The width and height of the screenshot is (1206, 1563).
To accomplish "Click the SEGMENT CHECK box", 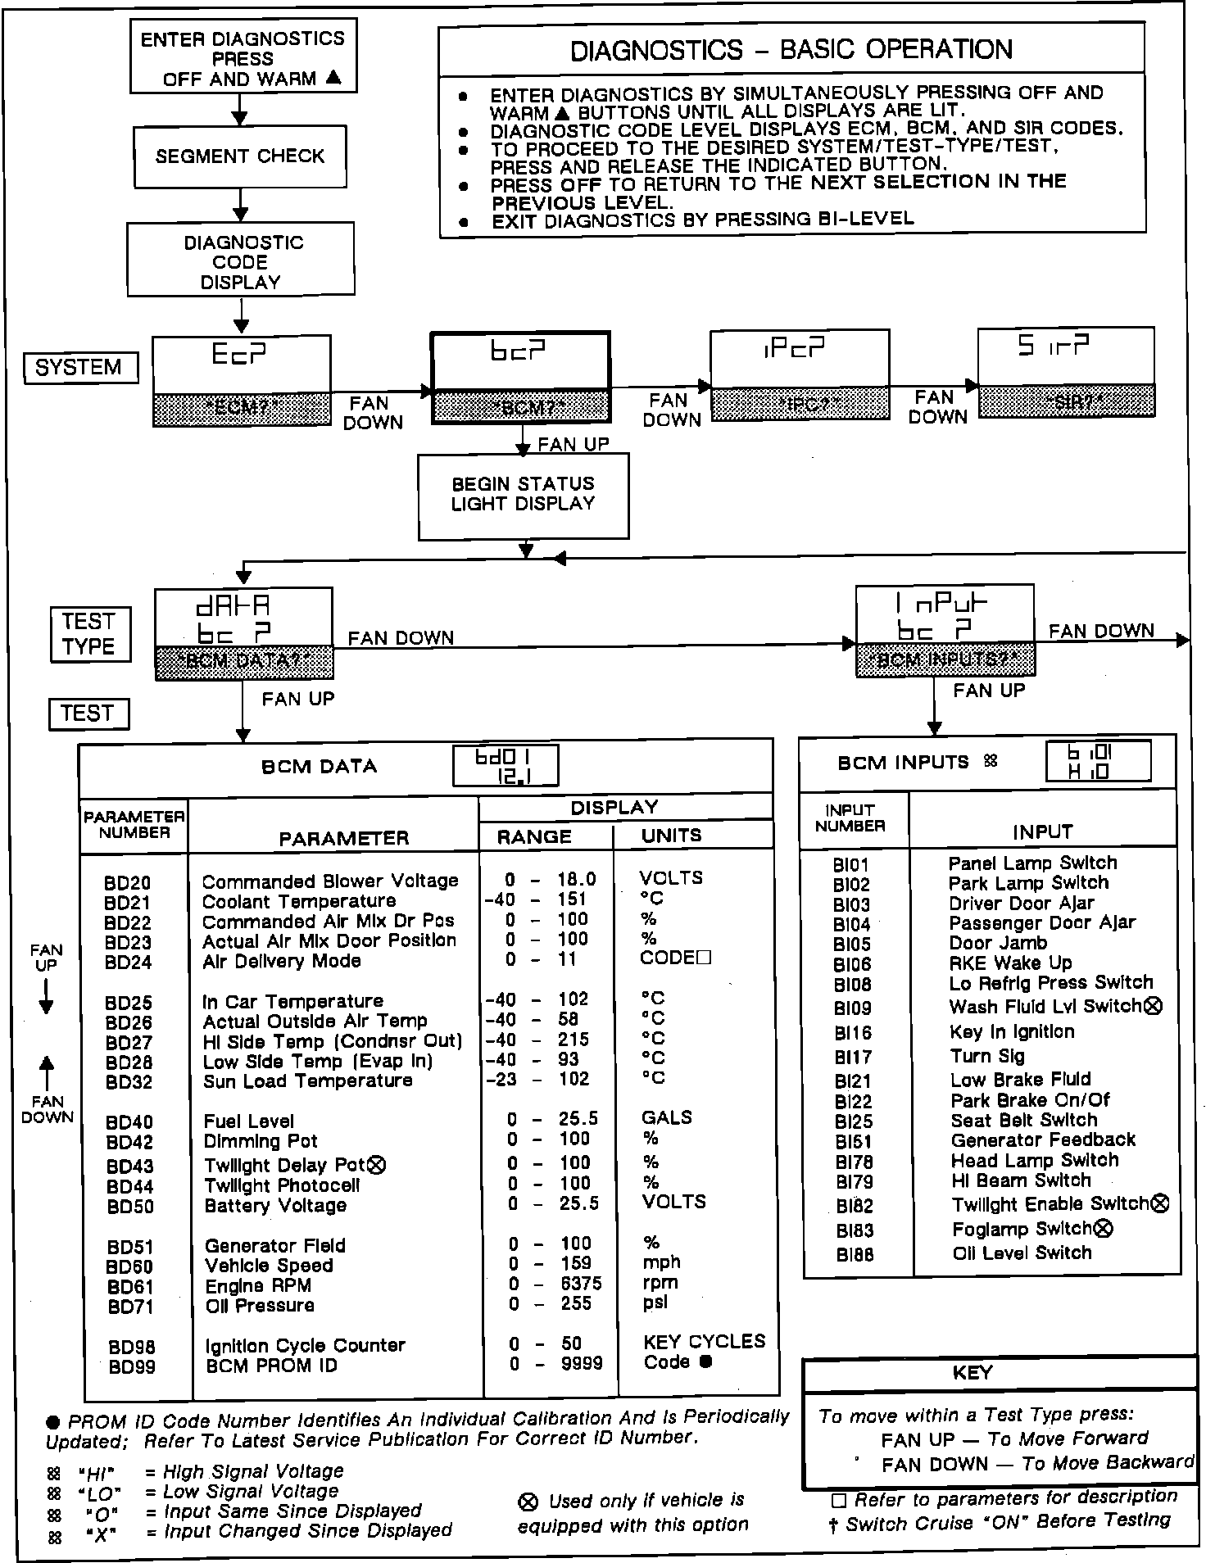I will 239,156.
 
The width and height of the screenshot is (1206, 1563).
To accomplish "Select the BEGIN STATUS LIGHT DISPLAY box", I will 523,495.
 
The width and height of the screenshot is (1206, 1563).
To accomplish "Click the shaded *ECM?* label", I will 242,409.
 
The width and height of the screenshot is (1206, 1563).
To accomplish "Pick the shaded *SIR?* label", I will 1067,401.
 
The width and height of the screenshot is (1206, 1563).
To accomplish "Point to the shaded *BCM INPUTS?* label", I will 944,660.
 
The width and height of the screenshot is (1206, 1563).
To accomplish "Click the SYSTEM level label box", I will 79,367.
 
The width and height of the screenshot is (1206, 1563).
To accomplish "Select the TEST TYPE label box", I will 88,633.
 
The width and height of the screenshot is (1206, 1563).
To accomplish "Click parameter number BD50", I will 130,1207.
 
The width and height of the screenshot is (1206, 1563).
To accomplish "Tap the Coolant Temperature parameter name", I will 299,901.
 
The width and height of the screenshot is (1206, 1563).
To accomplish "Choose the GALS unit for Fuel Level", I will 666,1117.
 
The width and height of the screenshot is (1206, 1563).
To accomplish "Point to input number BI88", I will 855,1254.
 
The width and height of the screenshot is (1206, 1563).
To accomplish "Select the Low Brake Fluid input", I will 1020,1079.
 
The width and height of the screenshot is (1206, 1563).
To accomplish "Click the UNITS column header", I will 671,836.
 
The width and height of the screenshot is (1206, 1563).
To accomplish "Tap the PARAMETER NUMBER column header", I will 134,824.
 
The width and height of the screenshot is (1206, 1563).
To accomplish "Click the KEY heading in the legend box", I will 973,1373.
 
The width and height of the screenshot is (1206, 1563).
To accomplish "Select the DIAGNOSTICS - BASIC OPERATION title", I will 791,49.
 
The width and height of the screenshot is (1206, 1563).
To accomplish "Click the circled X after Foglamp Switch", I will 1104,1228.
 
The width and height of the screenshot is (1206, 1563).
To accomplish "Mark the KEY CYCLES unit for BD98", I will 704,1341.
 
